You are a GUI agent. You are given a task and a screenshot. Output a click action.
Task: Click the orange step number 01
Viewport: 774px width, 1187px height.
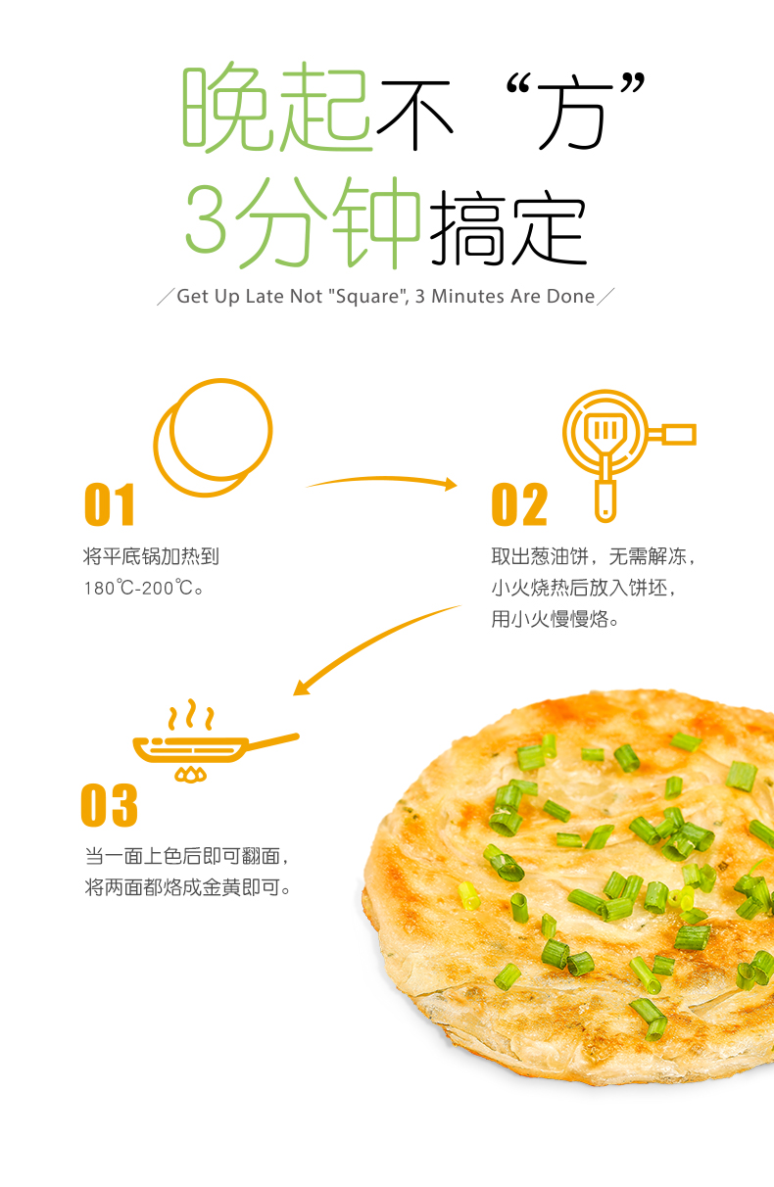coord(109,504)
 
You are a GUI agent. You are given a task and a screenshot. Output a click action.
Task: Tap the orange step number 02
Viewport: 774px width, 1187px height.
coord(519,504)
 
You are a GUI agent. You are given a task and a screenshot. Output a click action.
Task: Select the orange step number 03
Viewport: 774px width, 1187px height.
coord(109,804)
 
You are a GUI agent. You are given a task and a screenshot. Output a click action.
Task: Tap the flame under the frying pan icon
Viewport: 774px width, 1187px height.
coord(191,775)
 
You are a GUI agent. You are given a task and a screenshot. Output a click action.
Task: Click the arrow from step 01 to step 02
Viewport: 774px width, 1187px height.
coord(382,479)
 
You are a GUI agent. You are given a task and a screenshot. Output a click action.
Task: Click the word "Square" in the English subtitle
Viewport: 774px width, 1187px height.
coord(368,297)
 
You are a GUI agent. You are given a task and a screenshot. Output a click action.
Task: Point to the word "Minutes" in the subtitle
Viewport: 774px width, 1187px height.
coord(467,296)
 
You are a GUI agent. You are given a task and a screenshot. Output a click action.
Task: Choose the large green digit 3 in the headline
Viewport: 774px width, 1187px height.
coord(206,218)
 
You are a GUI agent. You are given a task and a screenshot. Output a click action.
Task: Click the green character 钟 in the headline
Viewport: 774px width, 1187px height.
coord(376,222)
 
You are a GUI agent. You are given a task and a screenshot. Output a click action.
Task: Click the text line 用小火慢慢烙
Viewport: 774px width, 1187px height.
coord(555,619)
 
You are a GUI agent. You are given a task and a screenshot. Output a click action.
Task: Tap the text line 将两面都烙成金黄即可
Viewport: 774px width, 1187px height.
coord(188,887)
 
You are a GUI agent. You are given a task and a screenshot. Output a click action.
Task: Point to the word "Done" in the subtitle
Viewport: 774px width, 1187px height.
coord(570,296)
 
